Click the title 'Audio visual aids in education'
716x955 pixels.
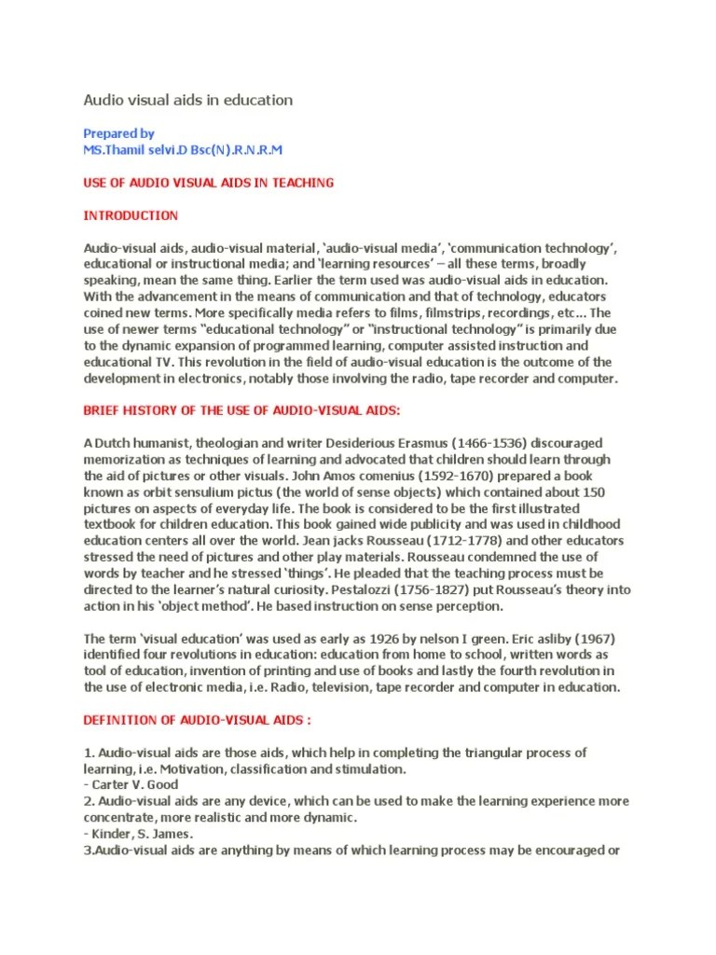tap(188, 100)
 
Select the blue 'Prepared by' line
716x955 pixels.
tap(119, 133)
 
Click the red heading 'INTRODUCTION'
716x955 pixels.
tap(131, 215)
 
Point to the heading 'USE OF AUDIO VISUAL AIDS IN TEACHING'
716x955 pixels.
tap(209, 183)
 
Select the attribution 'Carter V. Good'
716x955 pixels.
tap(134, 784)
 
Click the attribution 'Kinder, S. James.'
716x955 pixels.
tap(140, 833)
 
